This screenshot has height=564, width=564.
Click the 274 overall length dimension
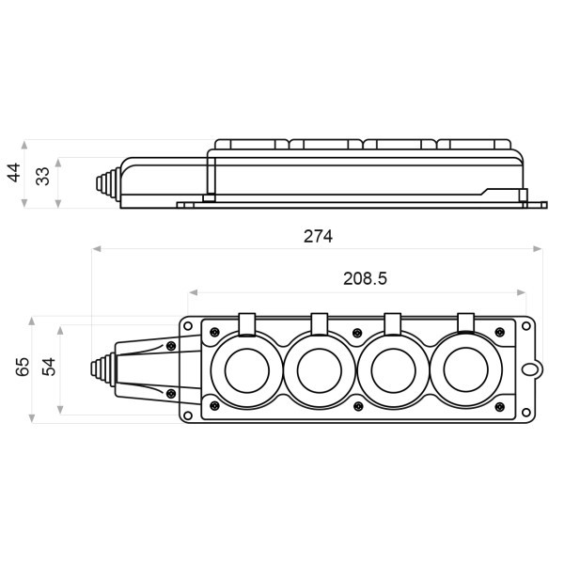318,236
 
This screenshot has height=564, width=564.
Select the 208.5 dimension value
365,279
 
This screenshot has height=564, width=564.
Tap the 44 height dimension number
14,173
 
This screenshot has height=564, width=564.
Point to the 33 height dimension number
42,177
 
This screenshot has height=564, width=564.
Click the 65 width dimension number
23,367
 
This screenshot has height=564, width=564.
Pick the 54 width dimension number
49,367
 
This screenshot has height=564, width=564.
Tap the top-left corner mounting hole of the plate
188,326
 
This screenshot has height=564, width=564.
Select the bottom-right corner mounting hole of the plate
525,413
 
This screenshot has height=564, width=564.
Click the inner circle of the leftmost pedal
247,370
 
